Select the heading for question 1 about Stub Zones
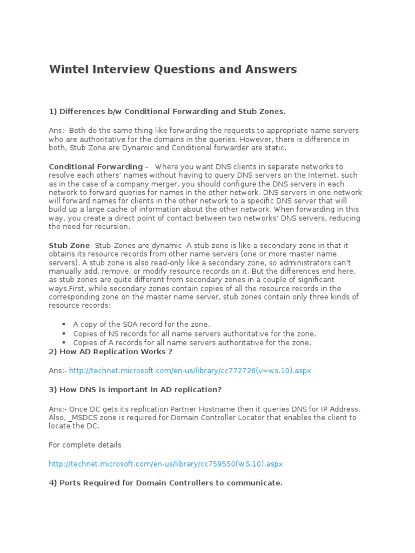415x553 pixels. pos(167,111)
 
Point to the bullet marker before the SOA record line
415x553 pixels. pos(64,324)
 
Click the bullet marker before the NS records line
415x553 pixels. pos(64,334)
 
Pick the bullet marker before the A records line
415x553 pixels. pos(64,343)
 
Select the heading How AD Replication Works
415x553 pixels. pos(110,352)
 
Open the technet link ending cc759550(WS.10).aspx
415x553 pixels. pos(165,464)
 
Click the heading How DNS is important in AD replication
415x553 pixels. pos(135,389)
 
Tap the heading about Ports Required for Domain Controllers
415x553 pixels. pos(165,483)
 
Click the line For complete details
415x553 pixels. pos(85,445)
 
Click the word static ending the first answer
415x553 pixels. pos(276,148)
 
